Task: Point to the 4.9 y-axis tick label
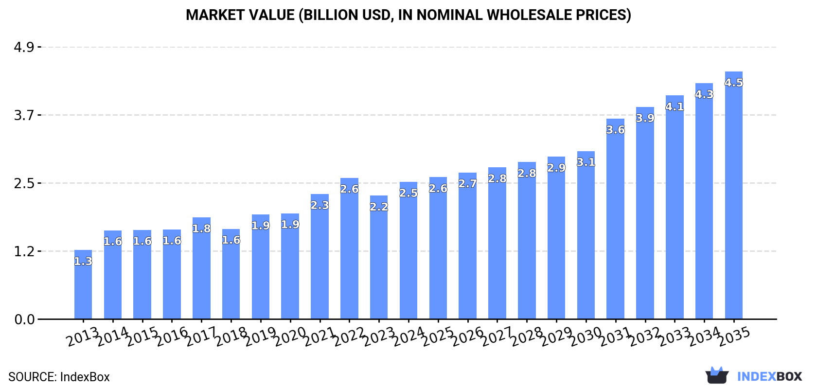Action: pos(24,47)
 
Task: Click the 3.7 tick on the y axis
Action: pos(24,115)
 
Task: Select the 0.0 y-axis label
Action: pos(24,319)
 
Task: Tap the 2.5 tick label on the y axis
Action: pos(24,183)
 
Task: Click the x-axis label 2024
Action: pos(408,336)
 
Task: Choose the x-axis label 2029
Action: pos(556,336)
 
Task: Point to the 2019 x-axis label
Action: pos(261,336)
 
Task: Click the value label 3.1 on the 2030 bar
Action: pos(586,162)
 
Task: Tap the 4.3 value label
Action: pos(704,94)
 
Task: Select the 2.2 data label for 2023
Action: pos(379,207)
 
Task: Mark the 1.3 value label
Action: pos(83,261)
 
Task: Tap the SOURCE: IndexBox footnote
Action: pos(59,377)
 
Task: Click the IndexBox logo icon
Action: pos(717,375)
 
